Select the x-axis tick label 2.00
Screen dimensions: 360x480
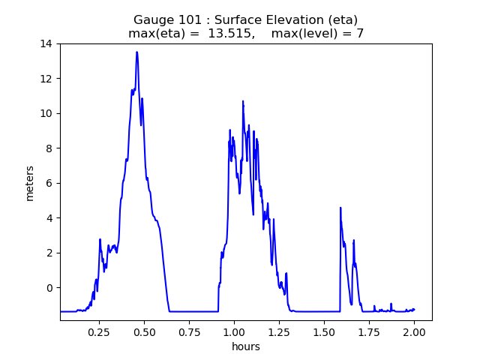click(414, 331)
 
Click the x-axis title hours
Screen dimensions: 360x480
click(246, 346)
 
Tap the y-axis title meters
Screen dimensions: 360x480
click(30, 182)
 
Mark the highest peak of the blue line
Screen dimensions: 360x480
click(136, 52)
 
